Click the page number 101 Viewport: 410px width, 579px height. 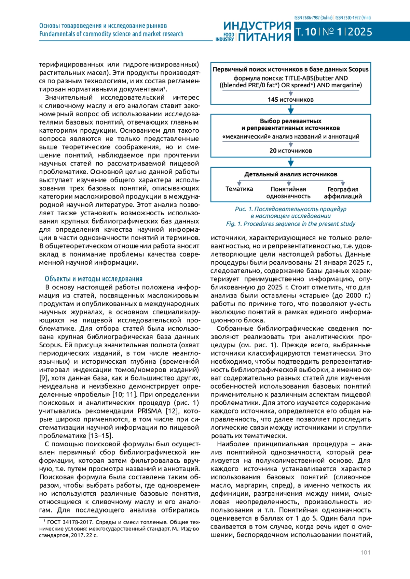coord(365,552)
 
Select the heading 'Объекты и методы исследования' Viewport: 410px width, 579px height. coord(94,279)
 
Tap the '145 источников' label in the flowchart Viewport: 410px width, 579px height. coord(290,100)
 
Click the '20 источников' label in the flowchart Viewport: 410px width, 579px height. coord(290,150)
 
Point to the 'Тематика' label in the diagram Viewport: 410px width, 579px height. coord(239,189)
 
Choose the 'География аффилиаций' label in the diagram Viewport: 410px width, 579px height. coord(343,192)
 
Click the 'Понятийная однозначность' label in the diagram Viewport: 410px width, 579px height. coord(288,192)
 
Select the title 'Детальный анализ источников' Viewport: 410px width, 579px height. coord(290,174)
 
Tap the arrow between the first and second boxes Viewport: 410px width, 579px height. coord(291,109)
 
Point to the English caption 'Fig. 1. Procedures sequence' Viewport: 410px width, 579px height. coord(290,224)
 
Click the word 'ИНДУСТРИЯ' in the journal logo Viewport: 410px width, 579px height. coord(257,26)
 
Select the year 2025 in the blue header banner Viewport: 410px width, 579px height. coord(360,32)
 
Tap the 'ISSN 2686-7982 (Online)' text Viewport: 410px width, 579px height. coord(313,18)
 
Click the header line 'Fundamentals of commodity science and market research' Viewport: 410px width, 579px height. coord(111,34)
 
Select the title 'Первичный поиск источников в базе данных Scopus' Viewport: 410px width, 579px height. coord(290,69)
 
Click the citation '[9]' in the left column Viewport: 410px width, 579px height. coord(43,378)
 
